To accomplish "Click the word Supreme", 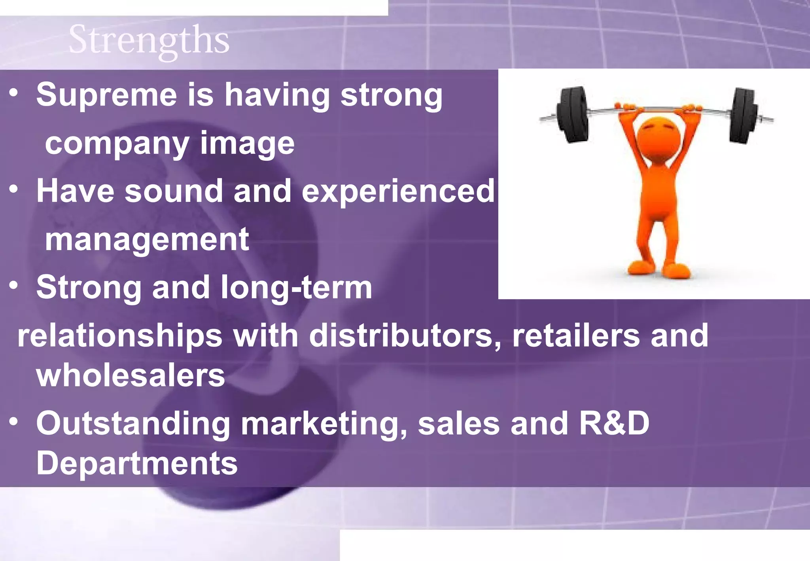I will pos(106,95).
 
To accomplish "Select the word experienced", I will pos(398,191).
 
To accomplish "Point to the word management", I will pos(147,240).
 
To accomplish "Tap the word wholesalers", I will pos(131,376).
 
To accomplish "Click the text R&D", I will pos(614,423).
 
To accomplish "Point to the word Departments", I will pos(137,464).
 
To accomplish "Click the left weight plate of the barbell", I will pos(573,115).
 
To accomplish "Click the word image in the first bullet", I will pos(247,144).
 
